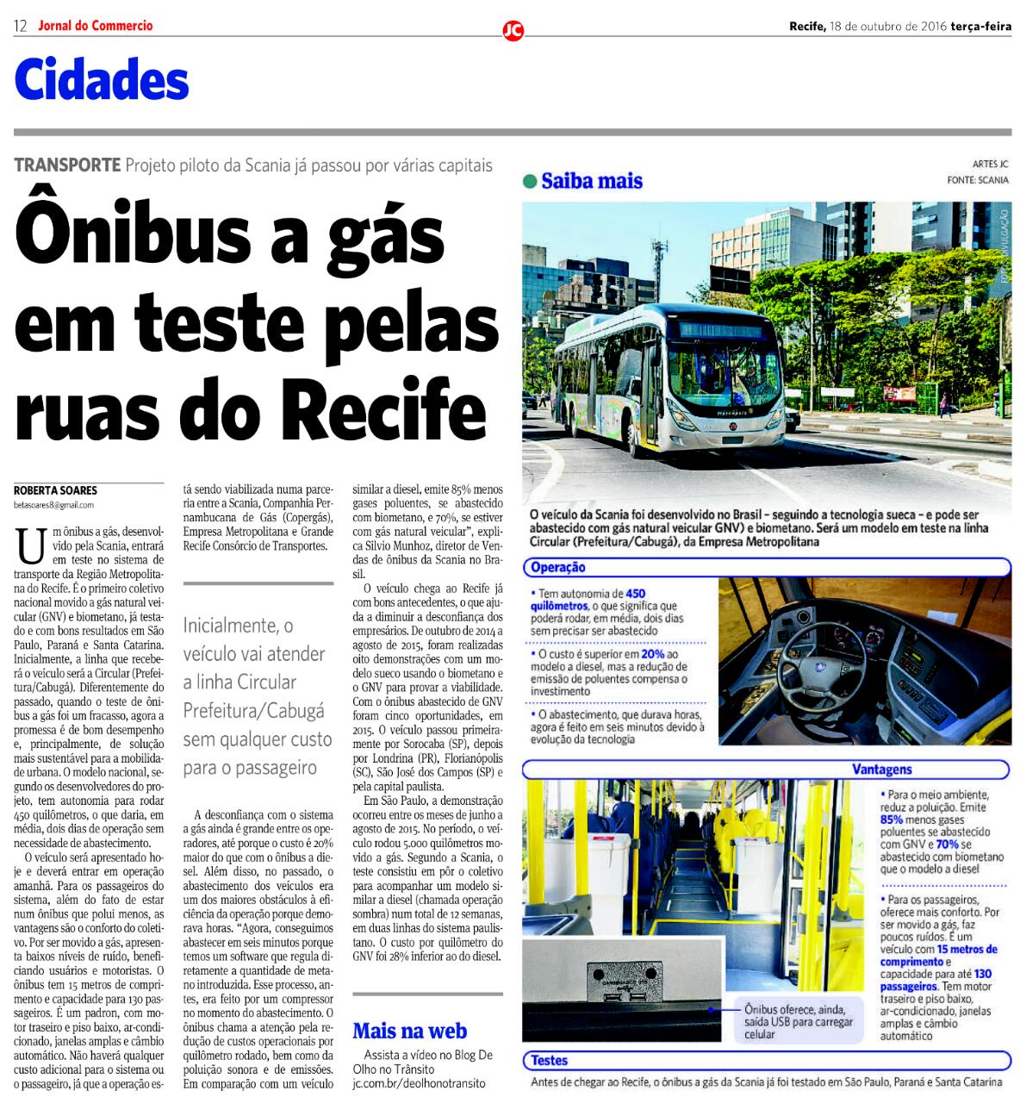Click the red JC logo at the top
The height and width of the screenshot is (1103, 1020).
coord(513,31)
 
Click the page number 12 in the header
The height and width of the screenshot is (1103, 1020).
coord(21,26)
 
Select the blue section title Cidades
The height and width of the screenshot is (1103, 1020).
coord(102,82)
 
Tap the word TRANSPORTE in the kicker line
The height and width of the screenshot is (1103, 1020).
coord(66,165)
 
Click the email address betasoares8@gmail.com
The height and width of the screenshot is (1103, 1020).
coord(54,505)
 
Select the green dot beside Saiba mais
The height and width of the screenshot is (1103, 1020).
coord(530,182)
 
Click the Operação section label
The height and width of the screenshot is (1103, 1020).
coord(558,567)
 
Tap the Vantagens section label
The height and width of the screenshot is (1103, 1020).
coord(881,770)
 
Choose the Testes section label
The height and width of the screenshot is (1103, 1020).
coord(549,1061)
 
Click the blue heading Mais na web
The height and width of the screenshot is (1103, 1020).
coord(410,1031)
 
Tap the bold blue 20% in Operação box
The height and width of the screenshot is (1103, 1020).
coord(653,654)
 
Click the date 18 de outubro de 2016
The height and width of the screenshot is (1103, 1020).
coord(887,26)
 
